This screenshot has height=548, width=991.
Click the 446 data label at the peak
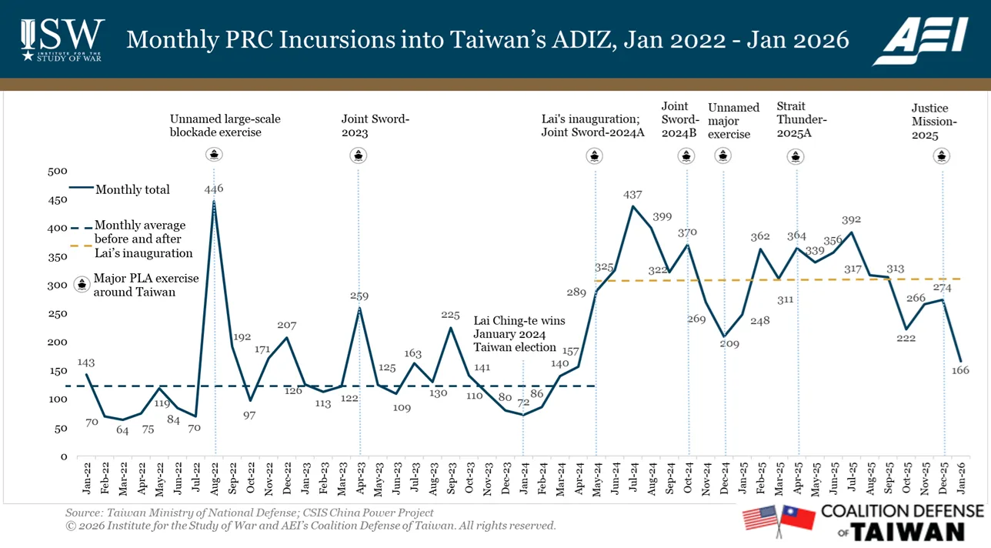tap(214, 189)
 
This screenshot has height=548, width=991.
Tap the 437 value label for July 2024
tap(632, 195)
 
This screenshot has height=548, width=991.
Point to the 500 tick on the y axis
tap(58, 171)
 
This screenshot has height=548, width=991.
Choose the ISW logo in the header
tap(62, 38)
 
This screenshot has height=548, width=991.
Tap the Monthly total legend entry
tap(132, 189)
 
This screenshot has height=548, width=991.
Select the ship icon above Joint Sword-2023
tap(358, 155)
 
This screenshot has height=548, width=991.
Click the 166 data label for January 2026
tap(960, 372)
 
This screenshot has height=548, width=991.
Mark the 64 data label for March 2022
tap(122, 429)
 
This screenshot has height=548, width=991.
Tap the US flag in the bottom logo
tap(760, 518)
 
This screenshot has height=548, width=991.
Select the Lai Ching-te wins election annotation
tap(514, 333)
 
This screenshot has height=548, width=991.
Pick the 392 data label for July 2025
tap(852, 218)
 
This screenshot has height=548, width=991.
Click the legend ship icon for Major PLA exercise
tap(80, 285)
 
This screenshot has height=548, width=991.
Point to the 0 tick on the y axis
tap(64, 456)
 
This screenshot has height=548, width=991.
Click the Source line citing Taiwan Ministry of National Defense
tap(249, 513)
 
